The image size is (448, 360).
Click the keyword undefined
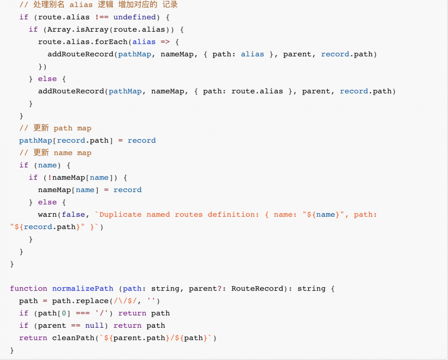[134, 17]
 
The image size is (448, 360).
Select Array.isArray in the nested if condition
[78, 30]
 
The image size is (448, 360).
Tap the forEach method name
[111, 42]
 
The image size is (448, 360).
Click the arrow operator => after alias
[165, 42]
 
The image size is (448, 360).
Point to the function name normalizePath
[82, 289]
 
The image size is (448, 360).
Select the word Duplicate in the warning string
[120, 214]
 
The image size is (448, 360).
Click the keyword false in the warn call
[73, 214]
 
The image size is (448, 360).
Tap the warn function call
[47, 214]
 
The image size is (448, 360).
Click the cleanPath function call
[73, 338]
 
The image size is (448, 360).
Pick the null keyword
[95, 326]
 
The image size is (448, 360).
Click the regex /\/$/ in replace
[125, 301]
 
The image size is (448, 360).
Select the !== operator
[102, 17]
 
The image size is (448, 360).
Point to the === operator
[83, 313]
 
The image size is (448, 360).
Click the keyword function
[29, 289]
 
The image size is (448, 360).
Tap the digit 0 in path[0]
[64, 313]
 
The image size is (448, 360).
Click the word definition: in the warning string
[233, 214]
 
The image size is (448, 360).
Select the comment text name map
[73, 153]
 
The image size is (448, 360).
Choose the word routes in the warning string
[189, 214]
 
